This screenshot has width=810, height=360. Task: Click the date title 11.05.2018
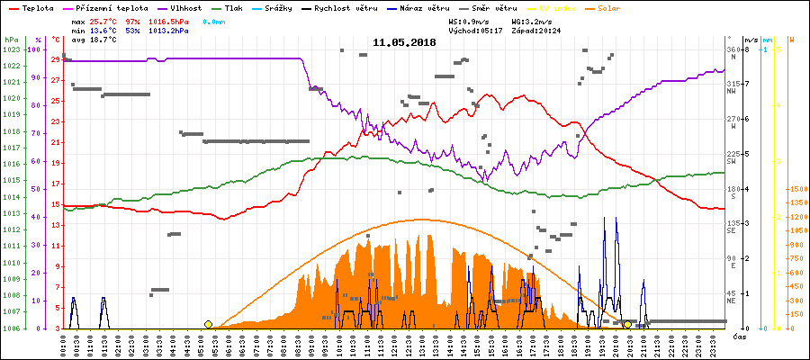pyautogui.click(x=404, y=42)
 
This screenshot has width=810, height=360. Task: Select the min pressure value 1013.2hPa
pyautogui.click(x=168, y=30)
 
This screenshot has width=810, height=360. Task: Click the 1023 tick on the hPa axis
pyautogui.click(x=11, y=49)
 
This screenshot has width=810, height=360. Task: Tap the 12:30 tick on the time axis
pyautogui.click(x=409, y=344)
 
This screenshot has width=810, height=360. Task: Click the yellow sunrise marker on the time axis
pyautogui.click(x=209, y=324)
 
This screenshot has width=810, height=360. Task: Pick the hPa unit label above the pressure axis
pyautogui.click(x=11, y=40)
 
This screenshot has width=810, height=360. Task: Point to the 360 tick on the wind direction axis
pyautogui.click(x=732, y=49)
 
